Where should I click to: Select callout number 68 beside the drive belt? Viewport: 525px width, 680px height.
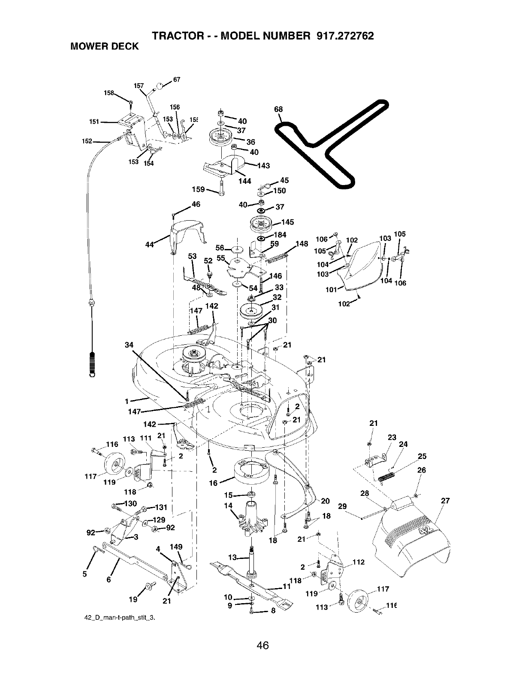pos(278,109)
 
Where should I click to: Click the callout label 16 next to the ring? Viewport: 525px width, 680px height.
pos(213,483)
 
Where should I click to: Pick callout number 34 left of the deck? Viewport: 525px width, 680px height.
pos(129,333)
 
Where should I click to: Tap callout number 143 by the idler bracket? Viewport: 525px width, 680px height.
pos(263,166)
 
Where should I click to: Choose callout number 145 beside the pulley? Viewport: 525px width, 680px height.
pos(287,222)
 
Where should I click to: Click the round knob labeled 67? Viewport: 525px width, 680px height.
pos(160,86)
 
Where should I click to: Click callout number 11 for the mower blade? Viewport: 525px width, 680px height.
pos(287,587)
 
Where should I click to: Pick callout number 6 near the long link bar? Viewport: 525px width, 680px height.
pos(108,579)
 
